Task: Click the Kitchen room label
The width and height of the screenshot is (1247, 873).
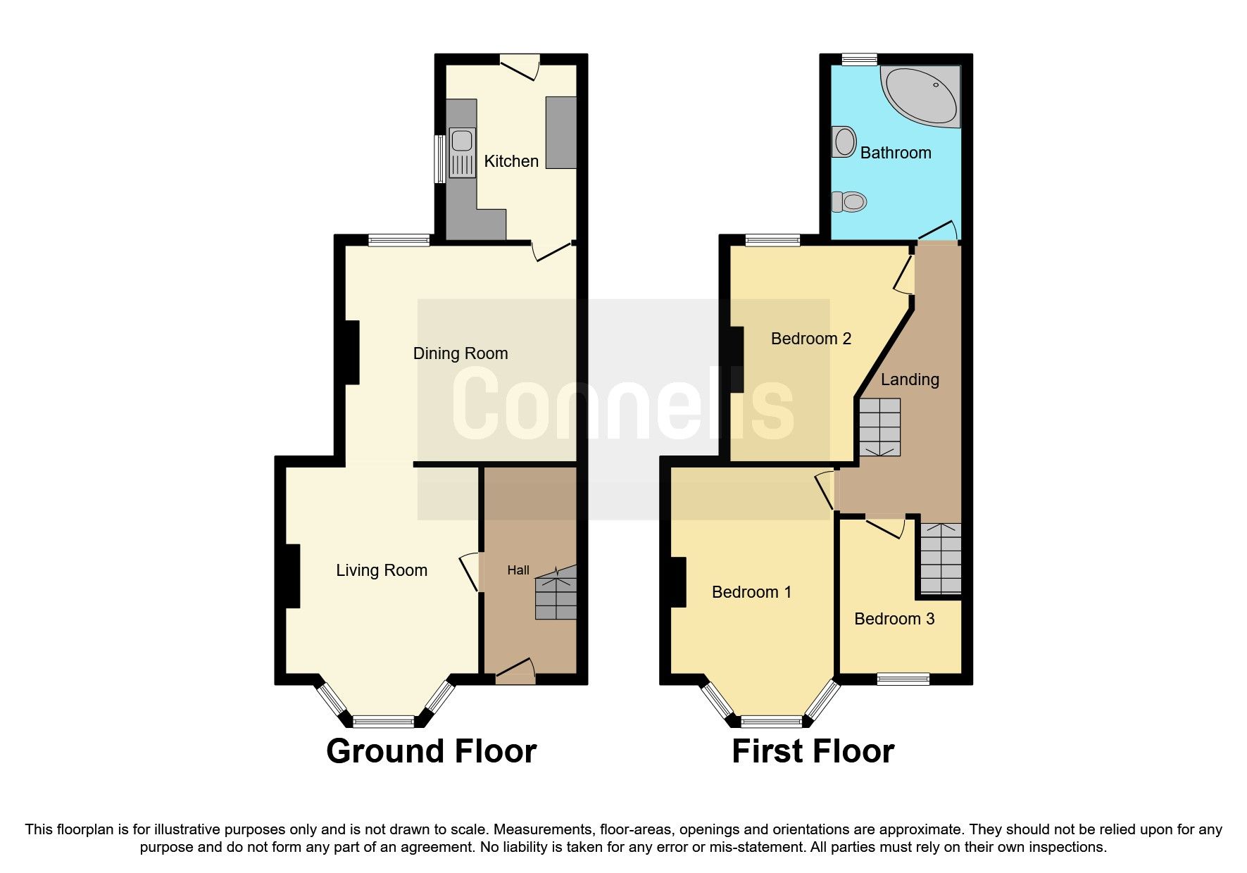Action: click(x=511, y=161)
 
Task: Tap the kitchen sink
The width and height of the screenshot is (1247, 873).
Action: click(x=461, y=152)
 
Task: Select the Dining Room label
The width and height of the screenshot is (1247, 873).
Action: click(x=460, y=353)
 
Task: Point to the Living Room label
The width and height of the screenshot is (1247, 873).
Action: click(x=382, y=570)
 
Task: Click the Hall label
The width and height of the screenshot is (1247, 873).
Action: click(x=518, y=570)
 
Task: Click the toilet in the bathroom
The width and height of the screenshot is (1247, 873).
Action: click(x=849, y=202)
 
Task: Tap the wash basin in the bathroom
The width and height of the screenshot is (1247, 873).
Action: click(x=843, y=142)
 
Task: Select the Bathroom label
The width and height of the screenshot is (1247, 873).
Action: click(x=896, y=153)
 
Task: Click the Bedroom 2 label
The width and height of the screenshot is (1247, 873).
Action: click(x=811, y=339)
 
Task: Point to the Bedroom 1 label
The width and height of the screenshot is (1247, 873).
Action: click(x=751, y=592)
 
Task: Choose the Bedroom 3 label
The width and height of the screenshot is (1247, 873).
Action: click(x=894, y=619)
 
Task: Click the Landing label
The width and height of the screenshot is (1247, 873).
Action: click(x=910, y=379)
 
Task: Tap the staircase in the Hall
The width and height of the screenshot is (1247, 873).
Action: click(x=556, y=596)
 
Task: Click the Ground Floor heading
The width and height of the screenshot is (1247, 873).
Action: click(x=431, y=751)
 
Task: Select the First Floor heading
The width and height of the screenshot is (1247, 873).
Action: click(x=813, y=751)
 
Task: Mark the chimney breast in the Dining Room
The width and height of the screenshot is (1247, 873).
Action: click(x=352, y=352)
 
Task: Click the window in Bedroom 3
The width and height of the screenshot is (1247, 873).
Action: click(x=903, y=679)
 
